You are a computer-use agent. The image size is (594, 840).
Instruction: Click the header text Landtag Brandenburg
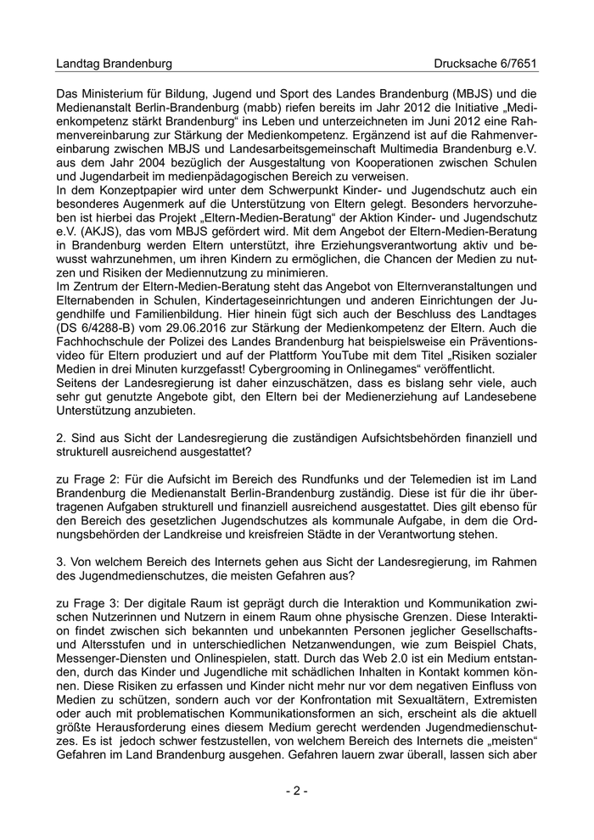[x=114, y=64]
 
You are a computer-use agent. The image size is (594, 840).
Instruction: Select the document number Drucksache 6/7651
[x=485, y=64]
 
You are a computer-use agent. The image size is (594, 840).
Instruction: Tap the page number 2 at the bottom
[x=297, y=791]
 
